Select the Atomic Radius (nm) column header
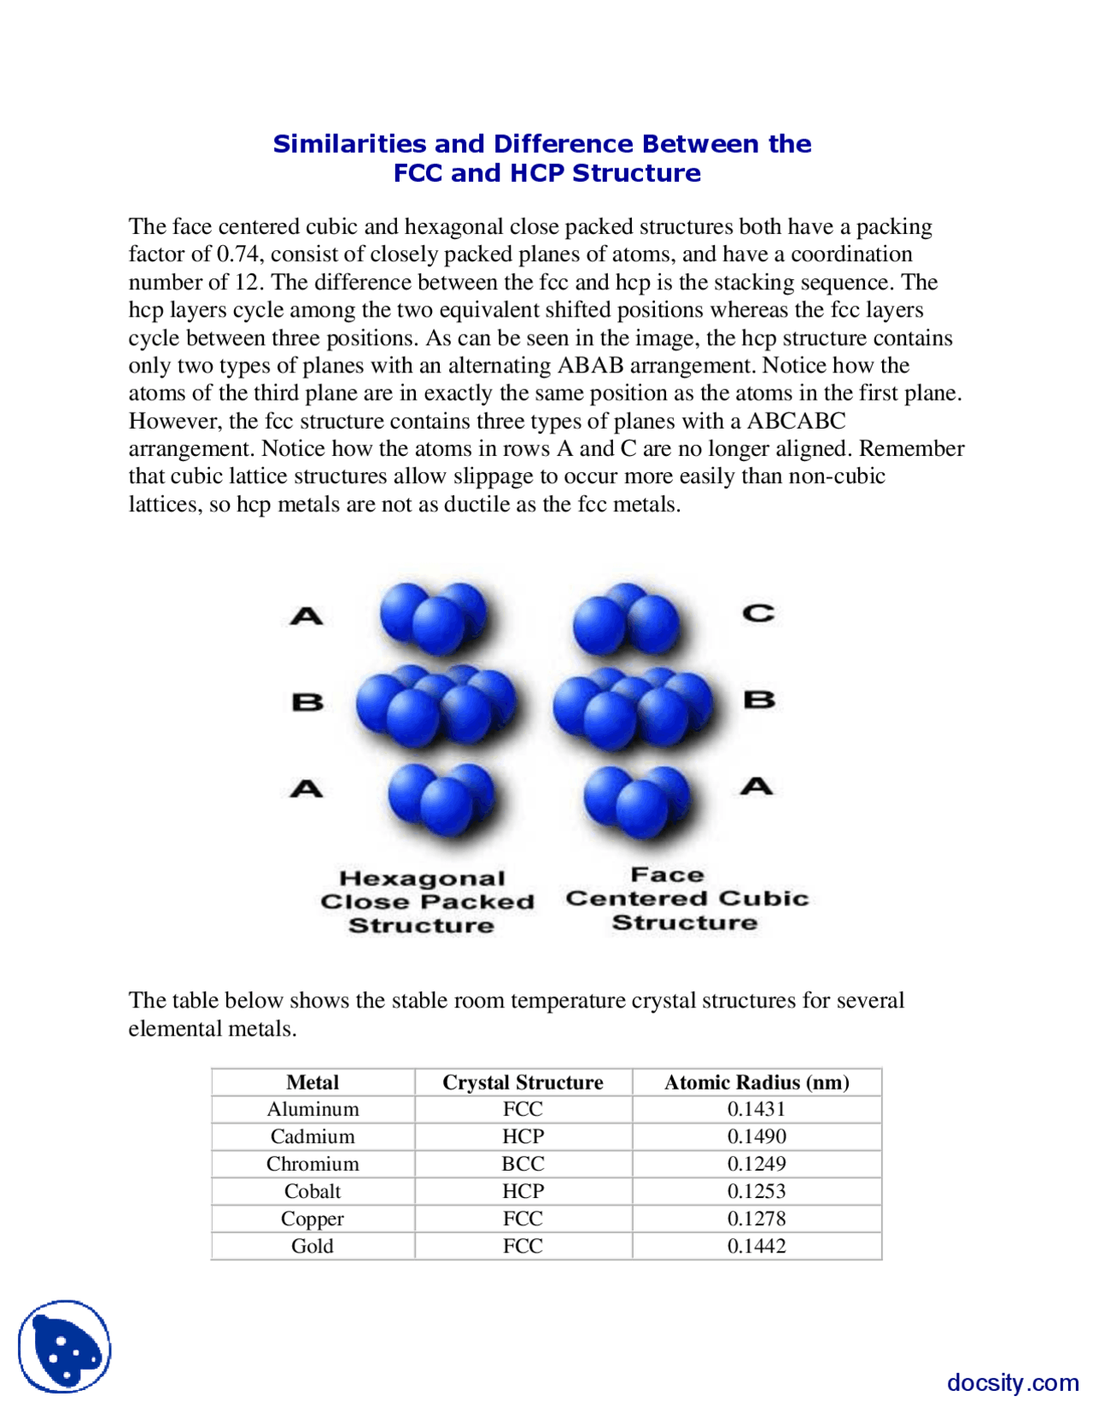tap(757, 1082)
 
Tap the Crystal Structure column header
tap(523, 1082)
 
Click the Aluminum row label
tap(313, 1109)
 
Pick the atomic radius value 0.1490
tap(757, 1136)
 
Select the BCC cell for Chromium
tap(523, 1164)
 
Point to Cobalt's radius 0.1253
tap(757, 1191)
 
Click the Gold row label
tap(313, 1246)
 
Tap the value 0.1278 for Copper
tap(757, 1218)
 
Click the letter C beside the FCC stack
tap(758, 613)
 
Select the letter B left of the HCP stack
tap(308, 702)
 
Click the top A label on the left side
tap(307, 616)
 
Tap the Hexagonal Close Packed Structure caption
tap(426, 902)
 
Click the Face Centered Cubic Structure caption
tap(687, 898)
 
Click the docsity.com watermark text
tap(1012, 1382)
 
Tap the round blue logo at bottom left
tap(65, 1347)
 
